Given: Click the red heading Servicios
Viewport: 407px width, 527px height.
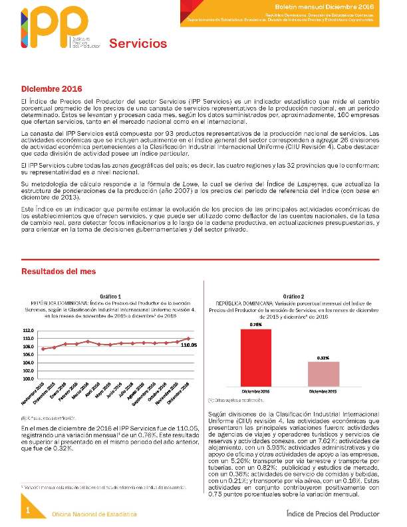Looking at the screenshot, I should [138, 44].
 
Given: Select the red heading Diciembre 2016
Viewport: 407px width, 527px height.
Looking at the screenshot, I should [51, 88].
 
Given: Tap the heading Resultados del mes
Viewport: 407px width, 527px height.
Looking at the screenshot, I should [59, 271].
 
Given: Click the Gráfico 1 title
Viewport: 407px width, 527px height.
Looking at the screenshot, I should [110, 296].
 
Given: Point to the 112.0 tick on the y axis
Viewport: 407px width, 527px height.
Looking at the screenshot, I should [28, 331].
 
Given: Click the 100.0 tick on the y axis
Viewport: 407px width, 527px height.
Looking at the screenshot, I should [28, 379].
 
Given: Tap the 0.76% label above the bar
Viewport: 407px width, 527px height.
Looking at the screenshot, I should [255, 325].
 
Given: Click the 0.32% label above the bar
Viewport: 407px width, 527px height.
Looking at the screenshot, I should [323, 358].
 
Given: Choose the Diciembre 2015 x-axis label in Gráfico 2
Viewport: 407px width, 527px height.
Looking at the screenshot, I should [323, 391].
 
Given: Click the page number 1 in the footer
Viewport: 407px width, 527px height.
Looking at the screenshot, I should [29, 510].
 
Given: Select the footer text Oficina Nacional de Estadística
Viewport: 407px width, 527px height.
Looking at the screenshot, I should [94, 514].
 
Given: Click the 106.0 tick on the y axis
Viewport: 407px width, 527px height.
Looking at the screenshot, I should [28, 355].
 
